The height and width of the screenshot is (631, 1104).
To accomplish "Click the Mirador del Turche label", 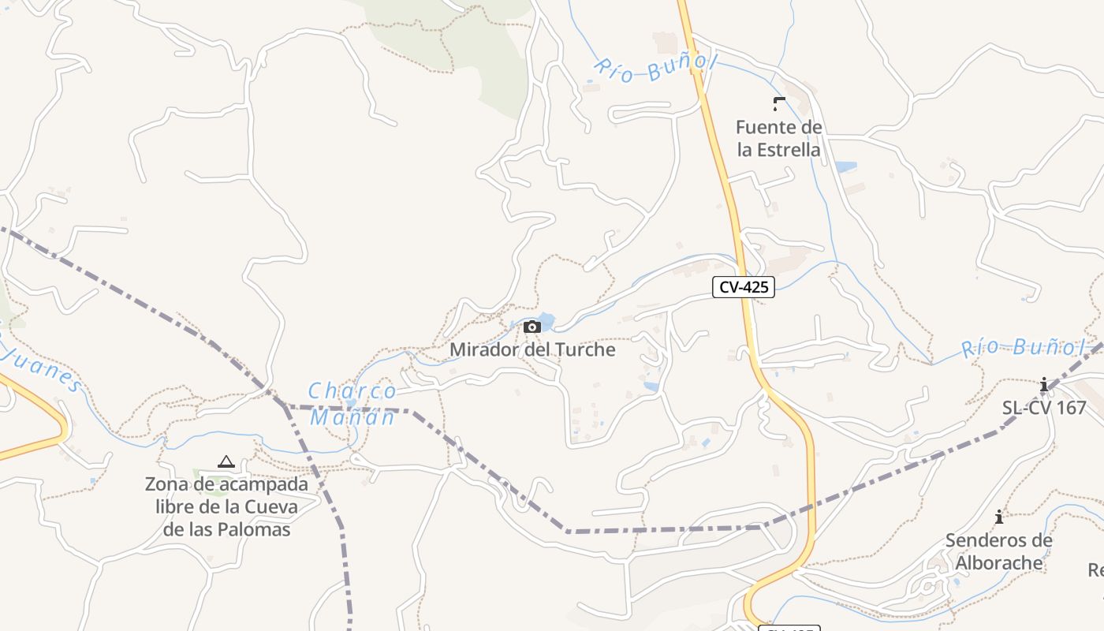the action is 532,349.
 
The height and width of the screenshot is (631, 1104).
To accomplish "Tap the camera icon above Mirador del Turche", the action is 532,327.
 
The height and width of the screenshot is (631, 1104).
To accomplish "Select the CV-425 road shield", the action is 743,287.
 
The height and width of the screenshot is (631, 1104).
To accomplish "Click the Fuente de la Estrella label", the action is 778,138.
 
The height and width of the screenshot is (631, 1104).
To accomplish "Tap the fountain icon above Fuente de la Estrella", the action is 779,103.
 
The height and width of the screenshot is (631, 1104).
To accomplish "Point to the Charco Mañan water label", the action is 352,403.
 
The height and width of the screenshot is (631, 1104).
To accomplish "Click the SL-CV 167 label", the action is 1044,408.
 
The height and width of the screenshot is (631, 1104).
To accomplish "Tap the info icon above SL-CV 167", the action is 1044,385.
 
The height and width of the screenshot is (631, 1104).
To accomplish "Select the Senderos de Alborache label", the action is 998,551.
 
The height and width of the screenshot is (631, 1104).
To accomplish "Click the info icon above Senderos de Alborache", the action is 999,517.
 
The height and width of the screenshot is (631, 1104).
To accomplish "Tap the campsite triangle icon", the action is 226,461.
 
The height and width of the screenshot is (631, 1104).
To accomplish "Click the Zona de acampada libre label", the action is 226,506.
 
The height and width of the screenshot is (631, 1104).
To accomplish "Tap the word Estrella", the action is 778,149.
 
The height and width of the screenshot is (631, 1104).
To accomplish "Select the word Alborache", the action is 998,563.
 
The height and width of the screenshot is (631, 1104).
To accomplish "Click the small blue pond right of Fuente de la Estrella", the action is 845,167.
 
